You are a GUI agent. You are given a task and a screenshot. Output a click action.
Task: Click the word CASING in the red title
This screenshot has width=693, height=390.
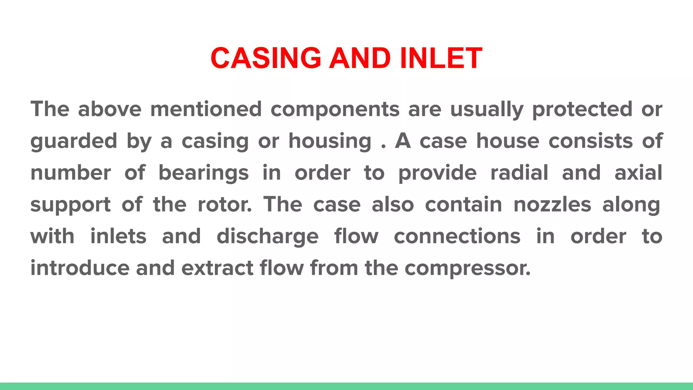266,58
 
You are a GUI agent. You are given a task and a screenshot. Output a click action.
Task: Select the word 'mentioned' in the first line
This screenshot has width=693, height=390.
206,109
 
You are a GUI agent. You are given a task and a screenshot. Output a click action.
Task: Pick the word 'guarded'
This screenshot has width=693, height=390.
74,142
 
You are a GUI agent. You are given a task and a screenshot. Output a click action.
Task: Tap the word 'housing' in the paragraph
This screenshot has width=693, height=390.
330,142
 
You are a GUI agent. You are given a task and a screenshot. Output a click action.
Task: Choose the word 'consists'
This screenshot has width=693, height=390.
590,141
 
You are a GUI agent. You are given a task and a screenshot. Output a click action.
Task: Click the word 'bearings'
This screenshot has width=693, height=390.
204,173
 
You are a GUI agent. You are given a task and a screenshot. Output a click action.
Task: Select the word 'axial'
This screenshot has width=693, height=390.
638,173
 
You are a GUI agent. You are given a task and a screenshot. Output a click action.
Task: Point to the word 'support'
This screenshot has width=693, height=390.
71,205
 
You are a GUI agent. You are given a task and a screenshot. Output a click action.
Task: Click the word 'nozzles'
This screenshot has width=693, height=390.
552,204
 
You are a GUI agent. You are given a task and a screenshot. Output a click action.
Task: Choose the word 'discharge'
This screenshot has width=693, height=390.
268,237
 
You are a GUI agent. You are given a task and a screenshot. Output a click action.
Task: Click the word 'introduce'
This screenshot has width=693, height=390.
80,268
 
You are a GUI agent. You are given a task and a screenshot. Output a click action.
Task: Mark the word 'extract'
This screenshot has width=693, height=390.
217,268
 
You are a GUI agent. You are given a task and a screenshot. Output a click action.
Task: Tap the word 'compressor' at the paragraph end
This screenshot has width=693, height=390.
467,268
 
